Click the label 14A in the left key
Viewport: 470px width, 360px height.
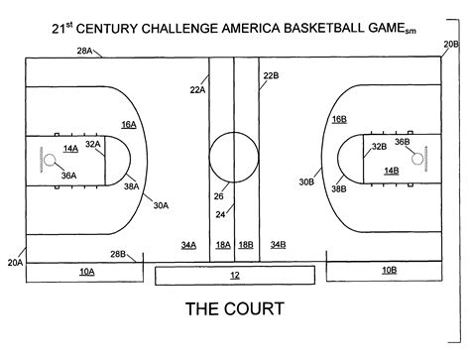(70, 148)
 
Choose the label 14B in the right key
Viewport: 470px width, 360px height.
(391, 171)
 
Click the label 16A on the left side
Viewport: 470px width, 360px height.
(129, 124)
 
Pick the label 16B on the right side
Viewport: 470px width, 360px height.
(338, 119)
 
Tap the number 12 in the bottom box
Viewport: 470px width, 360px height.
(234, 274)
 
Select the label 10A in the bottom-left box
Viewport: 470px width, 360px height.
(86, 270)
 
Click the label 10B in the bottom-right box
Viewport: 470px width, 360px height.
(388, 269)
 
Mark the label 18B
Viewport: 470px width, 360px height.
(246, 244)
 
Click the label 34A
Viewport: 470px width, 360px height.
(188, 244)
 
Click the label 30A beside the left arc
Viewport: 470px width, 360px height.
(160, 205)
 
